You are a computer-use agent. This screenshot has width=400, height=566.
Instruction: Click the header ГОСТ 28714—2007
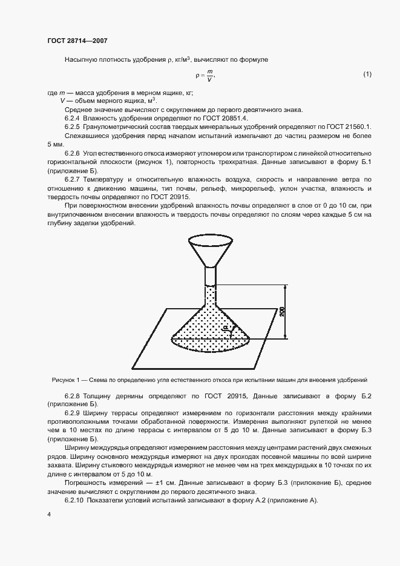tap(77, 41)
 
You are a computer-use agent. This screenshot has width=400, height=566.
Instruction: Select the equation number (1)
tap(367, 74)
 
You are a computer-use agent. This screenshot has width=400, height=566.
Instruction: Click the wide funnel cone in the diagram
tap(210, 250)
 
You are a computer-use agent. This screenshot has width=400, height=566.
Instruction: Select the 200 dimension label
tap(283, 311)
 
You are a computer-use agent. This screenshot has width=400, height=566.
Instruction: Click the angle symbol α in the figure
tap(225, 327)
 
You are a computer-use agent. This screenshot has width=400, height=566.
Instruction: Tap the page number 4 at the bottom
tap(49, 514)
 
